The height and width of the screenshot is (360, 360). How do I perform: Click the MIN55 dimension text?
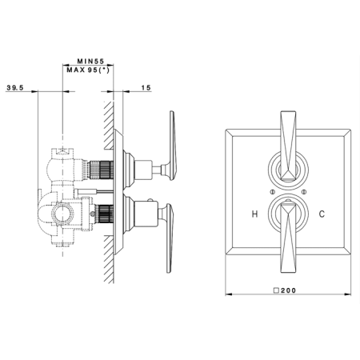(x=90, y=61)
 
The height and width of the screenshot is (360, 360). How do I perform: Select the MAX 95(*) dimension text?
(x=88, y=70)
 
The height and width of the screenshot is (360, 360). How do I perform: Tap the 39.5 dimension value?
(x=15, y=87)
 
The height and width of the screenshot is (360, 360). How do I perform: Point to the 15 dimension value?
(x=146, y=87)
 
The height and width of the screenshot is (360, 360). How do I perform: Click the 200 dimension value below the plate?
(x=288, y=290)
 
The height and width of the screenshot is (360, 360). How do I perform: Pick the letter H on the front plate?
(x=254, y=214)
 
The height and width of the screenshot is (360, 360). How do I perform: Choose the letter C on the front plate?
(x=322, y=214)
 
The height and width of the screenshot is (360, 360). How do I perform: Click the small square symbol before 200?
(x=277, y=290)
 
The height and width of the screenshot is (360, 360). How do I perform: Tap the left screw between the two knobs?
(x=272, y=191)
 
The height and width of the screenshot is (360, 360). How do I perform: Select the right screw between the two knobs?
(x=304, y=191)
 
